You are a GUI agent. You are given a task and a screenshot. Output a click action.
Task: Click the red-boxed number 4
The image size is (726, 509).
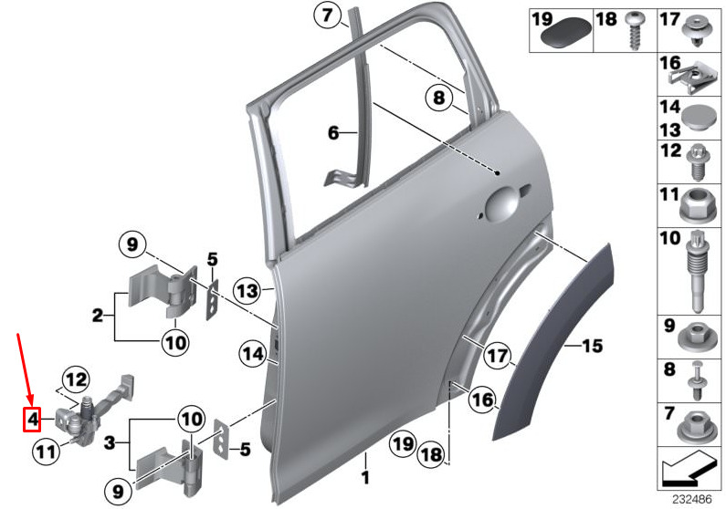(x=32, y=420)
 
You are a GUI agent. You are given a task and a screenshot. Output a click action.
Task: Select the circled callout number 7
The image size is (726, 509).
(x=327, y=16)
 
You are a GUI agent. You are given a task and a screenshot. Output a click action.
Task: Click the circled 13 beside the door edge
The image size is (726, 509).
(x=247, y=291)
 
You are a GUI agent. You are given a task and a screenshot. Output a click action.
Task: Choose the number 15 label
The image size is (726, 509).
(x=592, y=346)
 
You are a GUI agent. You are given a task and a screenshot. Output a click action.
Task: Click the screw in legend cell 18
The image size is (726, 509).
(x=635, y=30)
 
